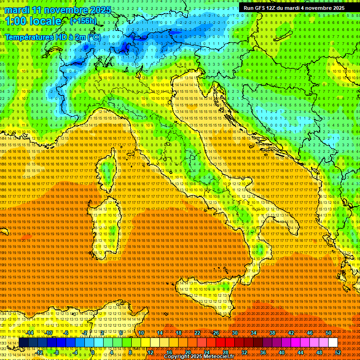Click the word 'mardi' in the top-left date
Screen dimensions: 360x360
click(16, 10)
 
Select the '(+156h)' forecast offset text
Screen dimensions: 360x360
click(83, 21)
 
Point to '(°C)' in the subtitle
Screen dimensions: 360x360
click(94, 37)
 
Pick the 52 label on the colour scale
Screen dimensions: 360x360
click(337, 352)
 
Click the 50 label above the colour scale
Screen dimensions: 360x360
click(328, 333)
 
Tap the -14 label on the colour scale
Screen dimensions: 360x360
click(30, 333)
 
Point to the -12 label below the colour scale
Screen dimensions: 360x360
click(39, 352)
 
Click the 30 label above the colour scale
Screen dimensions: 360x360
click(234, 333)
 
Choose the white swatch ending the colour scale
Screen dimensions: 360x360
click(333, 343)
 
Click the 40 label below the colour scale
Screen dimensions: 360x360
click(281, 352)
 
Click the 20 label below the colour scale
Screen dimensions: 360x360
click(187, 352)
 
